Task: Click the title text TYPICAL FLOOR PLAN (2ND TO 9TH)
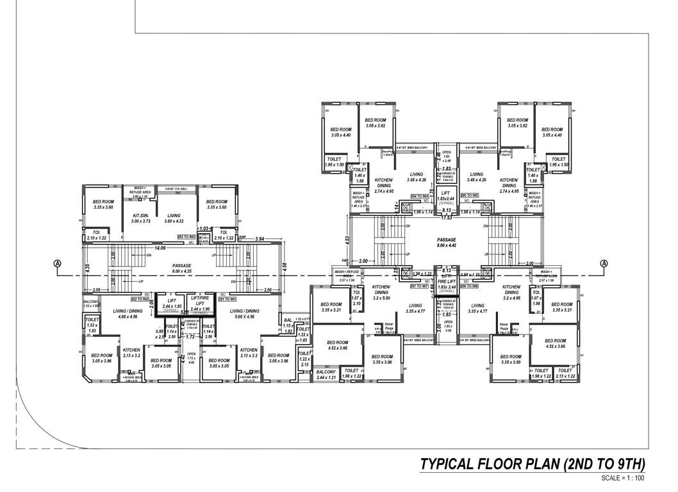coord(532,464)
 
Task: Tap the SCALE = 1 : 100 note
coord(623,478)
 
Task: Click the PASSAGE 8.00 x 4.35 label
coord(182,268)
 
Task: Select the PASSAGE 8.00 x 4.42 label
coord(447,242)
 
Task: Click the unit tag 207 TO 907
coord(420,287)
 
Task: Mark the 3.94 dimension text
coord(260,238)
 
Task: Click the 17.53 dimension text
coord(446,218)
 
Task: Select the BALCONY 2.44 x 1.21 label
coord(326,375)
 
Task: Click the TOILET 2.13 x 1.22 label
coord(565,373)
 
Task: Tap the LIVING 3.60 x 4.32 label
coord(174,218)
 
